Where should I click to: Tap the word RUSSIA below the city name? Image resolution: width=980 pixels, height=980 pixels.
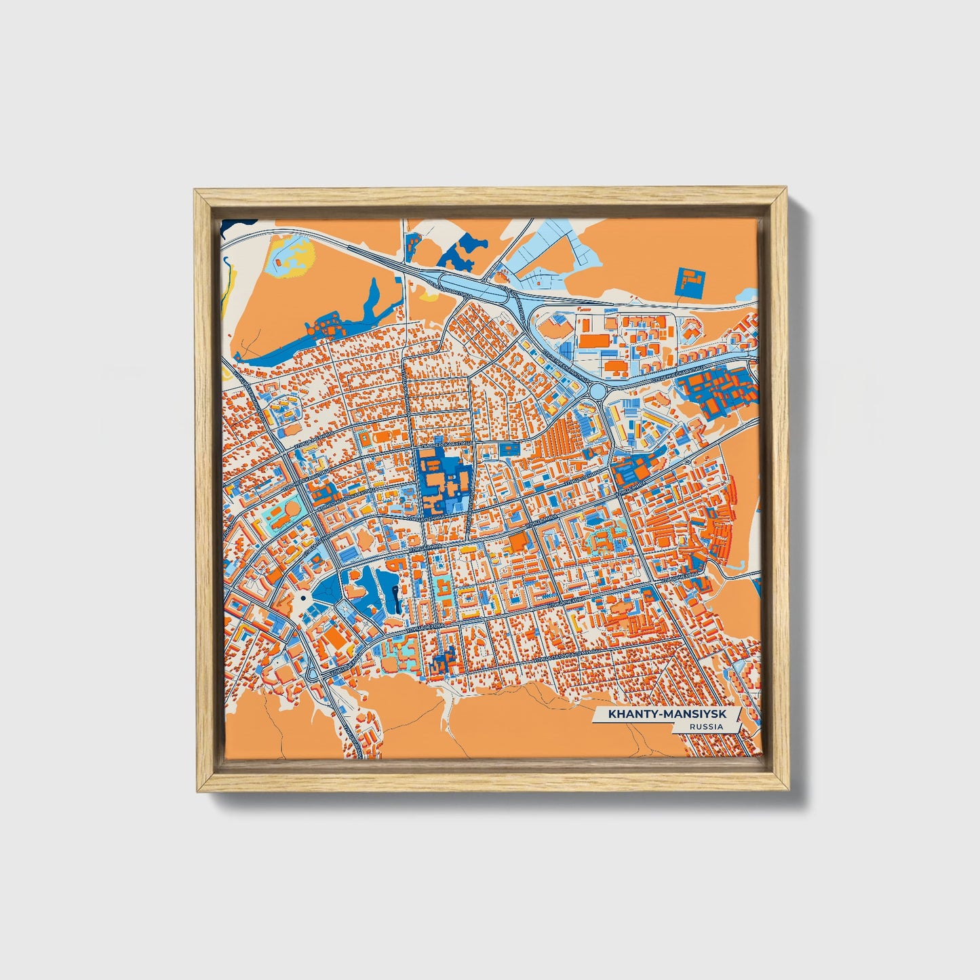point(705,727)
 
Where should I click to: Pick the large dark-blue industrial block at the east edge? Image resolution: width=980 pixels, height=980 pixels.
point(719,390)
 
